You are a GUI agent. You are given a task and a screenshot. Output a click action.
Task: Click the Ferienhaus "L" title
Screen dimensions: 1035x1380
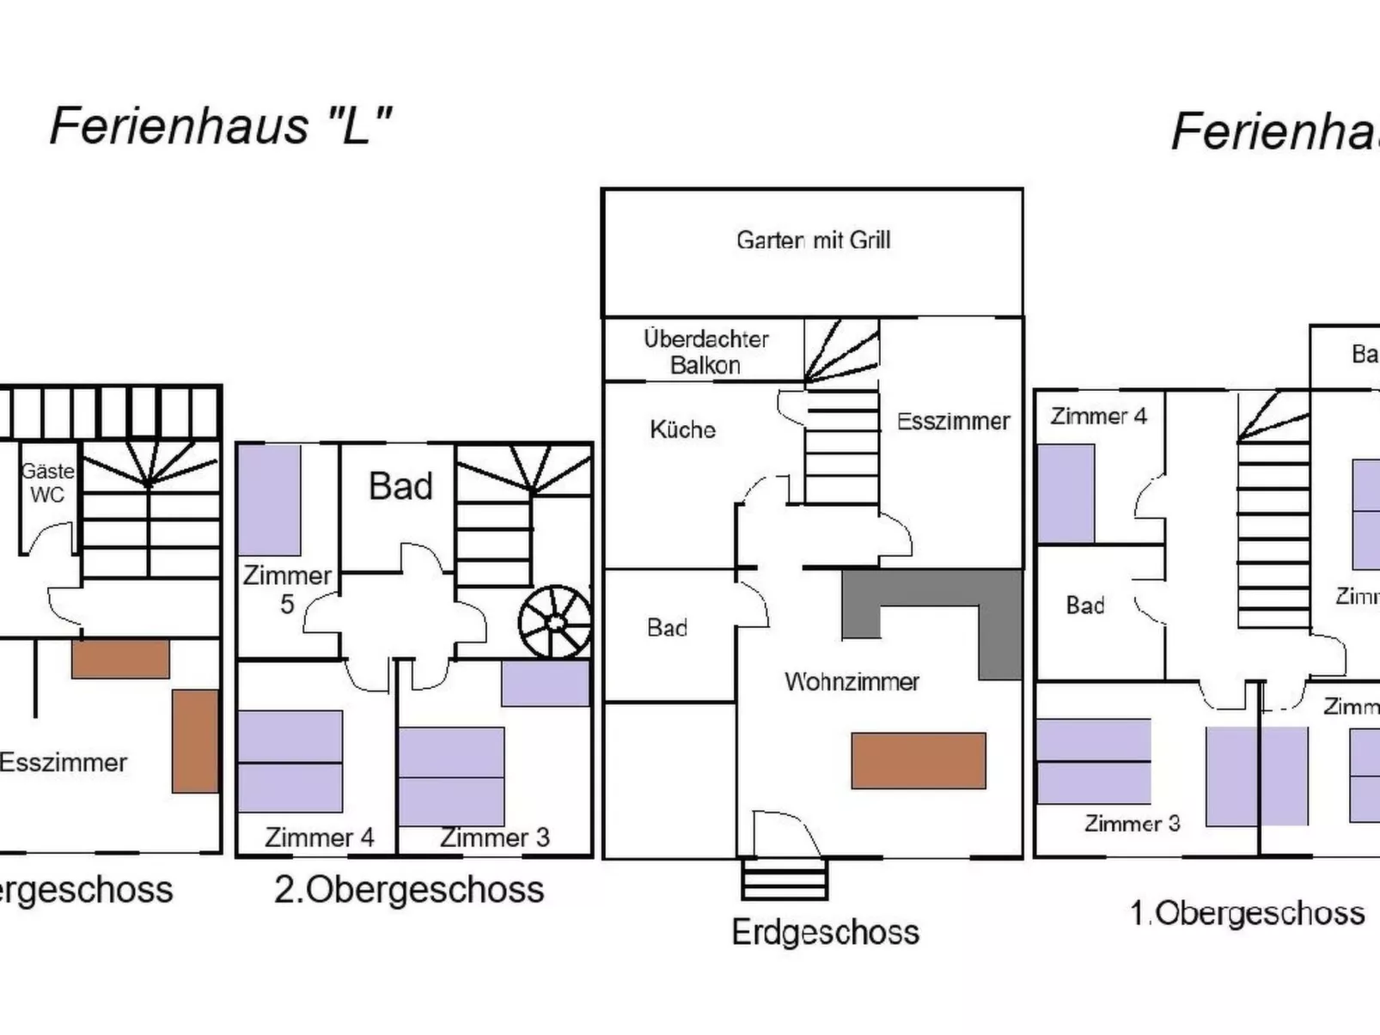221,126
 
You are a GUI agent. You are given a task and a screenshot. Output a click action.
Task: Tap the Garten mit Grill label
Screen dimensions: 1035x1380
813,240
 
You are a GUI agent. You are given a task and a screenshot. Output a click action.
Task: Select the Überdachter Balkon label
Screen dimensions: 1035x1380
705,351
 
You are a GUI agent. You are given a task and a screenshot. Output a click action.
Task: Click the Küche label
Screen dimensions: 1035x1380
682,429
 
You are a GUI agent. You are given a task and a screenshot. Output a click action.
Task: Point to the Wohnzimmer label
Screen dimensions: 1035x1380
852,682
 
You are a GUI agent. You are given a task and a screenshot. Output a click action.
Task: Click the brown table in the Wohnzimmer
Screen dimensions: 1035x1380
918,760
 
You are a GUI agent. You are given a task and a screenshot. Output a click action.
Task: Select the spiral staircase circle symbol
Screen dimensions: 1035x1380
555,622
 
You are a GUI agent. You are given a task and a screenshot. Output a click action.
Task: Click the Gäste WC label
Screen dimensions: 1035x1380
47,483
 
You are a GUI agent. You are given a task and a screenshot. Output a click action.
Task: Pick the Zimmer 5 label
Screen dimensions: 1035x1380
287,589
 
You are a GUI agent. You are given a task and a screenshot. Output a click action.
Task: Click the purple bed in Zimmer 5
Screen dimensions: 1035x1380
269,500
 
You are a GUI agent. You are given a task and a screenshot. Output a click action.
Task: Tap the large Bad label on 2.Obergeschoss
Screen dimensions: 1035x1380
400,486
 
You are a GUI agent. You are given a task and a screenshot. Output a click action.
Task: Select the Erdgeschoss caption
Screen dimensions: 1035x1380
825,932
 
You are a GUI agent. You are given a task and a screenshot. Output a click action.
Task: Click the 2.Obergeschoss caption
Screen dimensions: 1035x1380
409,890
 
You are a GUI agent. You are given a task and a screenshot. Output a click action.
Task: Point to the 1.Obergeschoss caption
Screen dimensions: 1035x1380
1247,913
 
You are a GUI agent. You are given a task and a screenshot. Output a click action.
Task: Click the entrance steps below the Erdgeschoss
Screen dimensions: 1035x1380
785,879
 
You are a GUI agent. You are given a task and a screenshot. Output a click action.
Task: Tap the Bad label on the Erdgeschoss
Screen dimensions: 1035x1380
667,628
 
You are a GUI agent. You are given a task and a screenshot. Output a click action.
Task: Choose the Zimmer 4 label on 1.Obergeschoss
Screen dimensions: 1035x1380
1098,417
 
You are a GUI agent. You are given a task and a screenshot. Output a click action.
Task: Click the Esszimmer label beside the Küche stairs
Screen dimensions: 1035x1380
953,421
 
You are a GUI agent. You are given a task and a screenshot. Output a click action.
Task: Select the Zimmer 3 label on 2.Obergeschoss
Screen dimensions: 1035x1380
494,837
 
